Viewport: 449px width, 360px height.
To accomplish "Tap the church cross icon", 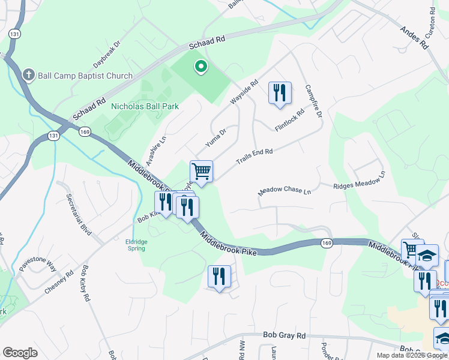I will tap(28, 75).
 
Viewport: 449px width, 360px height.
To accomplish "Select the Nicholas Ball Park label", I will tap(145, 106).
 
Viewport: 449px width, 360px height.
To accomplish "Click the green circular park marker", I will tap(200, 68).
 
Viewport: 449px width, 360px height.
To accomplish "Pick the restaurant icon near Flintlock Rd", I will tap(279, 93).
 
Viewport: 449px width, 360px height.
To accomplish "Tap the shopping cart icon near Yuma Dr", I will tap(202, 171).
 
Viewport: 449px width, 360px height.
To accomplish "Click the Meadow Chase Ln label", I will tap(285, 191).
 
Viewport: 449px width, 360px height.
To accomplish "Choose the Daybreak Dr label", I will tap(107, 53).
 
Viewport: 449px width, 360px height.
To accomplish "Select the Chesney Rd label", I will tap(59, 281).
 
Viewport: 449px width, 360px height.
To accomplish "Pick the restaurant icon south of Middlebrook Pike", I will tap(219, 277).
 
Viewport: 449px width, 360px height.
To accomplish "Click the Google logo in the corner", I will tap(20, 353).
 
